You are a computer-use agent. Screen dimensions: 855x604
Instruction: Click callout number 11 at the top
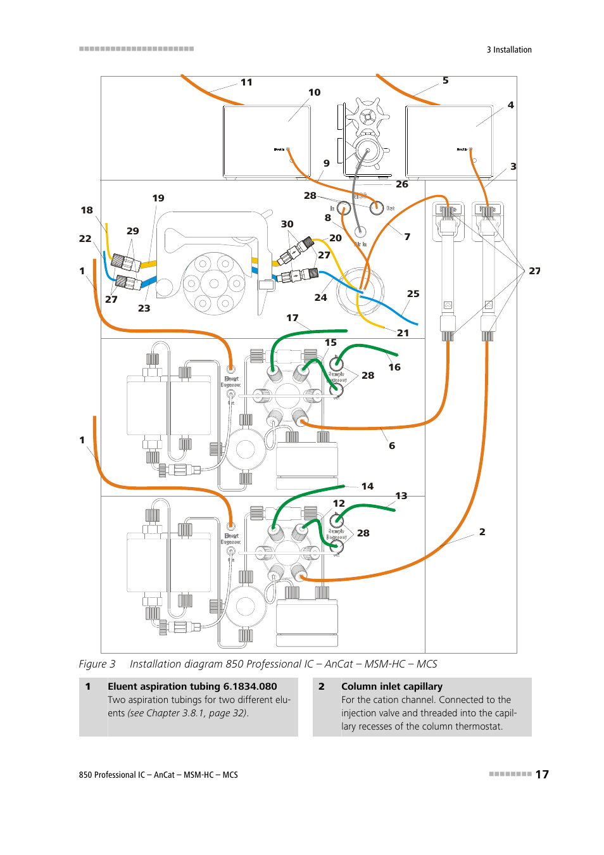[x=246, y=82]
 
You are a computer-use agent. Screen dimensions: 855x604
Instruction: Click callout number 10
[x=314, y=92]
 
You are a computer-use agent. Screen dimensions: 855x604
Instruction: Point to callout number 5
[x=446, y=80]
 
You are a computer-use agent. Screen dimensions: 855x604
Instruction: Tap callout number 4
[x=510, y=105]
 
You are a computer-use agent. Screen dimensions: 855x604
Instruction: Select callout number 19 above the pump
[x=158, y=198]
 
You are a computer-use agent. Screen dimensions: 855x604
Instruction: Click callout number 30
[x=287, y=224]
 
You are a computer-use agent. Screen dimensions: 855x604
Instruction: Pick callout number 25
[x=413, y=294]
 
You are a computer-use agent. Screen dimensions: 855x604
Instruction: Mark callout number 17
[x=292, y=318]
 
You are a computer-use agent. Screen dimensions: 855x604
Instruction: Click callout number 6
[x=392, y=446]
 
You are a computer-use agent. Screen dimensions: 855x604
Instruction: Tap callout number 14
[x=367, y=486]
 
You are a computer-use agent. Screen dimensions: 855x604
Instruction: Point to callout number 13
[x=401, y=496]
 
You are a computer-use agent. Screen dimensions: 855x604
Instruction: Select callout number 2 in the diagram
[x=482, y=532]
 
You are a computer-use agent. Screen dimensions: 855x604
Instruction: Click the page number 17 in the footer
[x=542, y=775]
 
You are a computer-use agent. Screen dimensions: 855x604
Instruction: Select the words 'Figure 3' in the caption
[x=97, y=664]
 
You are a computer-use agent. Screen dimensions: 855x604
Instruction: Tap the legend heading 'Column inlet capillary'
[x=391, y=687]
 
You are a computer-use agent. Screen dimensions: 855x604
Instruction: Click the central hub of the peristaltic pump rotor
[x=213, y=284]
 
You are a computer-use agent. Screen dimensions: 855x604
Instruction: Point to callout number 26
[x=402, y=184]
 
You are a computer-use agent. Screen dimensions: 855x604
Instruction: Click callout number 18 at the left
[x=87, y=210]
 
